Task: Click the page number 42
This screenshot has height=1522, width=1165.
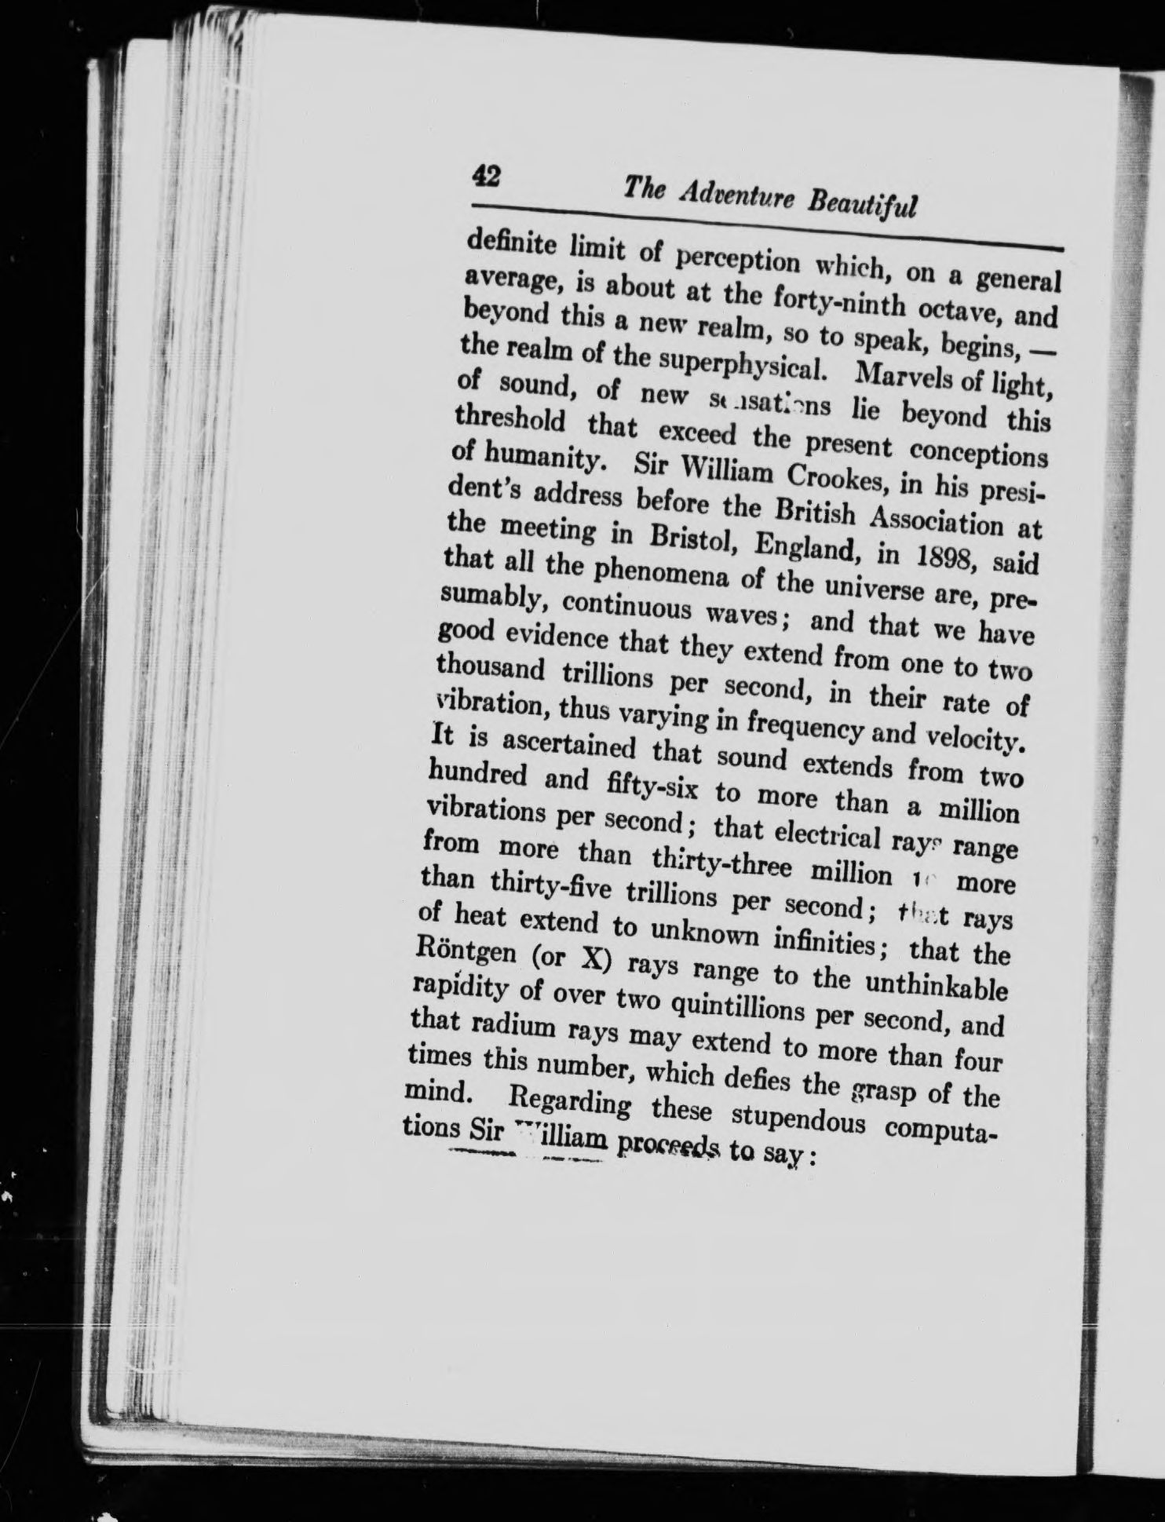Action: tap(487, 175)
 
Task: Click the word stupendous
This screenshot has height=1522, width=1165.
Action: tap(791, 1117)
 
